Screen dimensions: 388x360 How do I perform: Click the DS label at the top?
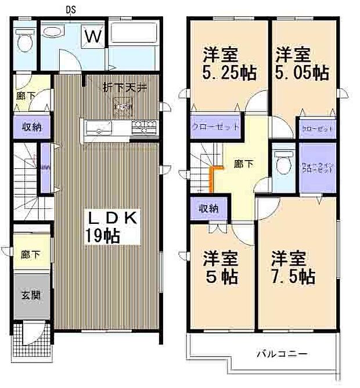click(69, 9)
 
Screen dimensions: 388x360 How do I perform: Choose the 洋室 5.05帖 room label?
click(301, 64)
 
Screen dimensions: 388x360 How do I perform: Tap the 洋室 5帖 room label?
click(220, 267)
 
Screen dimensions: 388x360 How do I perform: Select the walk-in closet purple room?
click(317, 169)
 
